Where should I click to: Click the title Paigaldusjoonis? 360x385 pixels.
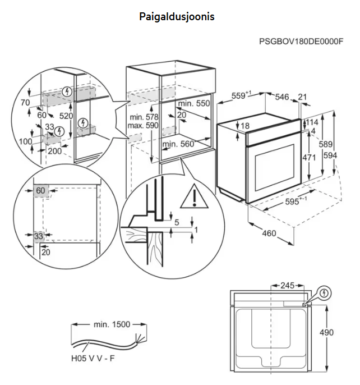tap(177, 17)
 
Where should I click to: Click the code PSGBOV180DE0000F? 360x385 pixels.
tap(301, 42)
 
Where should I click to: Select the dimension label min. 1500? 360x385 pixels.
tap(112, 324)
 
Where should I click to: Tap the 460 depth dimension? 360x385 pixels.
tap(269, 233)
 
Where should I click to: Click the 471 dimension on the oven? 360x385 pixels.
tap(309, 158)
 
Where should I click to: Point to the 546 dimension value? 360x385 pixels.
tap(282, 97)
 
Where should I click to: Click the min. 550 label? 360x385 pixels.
tap(193, 104)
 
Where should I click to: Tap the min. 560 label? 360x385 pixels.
tap(178, 144)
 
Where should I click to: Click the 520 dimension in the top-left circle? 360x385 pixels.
tap(67, 116)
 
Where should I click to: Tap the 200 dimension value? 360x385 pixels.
tap(54, 151)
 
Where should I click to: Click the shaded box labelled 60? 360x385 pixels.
tap(40, 191)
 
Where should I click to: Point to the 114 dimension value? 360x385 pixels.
tap(312, 122)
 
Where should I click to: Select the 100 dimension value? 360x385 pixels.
tap(26, 141)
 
